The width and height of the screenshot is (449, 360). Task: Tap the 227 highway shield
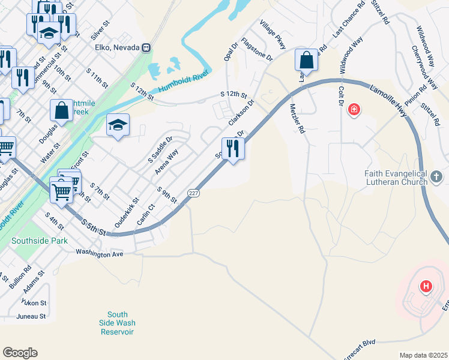pyautogui.click(x=193, y=193)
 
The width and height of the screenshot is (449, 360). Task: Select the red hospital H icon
pyautogui.click(x=426, y=287)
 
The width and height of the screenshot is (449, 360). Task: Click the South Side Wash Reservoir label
pyautogui.click(x=118, y=323)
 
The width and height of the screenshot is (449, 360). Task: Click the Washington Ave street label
pyautogui.click(x=99, y=254)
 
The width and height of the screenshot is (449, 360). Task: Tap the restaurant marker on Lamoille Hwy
pyautogui.click(x=233, y=148)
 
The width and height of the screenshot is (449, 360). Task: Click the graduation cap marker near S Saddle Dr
pyautogui.click(x=118, y=125)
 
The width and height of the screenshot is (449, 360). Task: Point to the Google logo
pyautogui.click(x=20, y=353)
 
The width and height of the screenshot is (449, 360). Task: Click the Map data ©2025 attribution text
pyautogui.click(x=423, y=355)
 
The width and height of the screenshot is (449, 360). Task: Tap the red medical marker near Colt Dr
pyautogui.click(x=354, y=110)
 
